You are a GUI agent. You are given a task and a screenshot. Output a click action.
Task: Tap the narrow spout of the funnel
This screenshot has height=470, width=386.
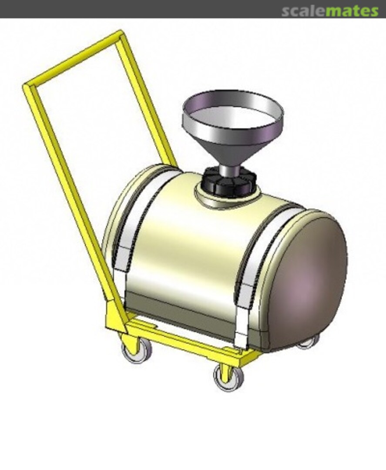[x=230, y=170]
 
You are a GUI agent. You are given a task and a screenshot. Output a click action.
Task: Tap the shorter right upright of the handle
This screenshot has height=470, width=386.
[x=146, y=99]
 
